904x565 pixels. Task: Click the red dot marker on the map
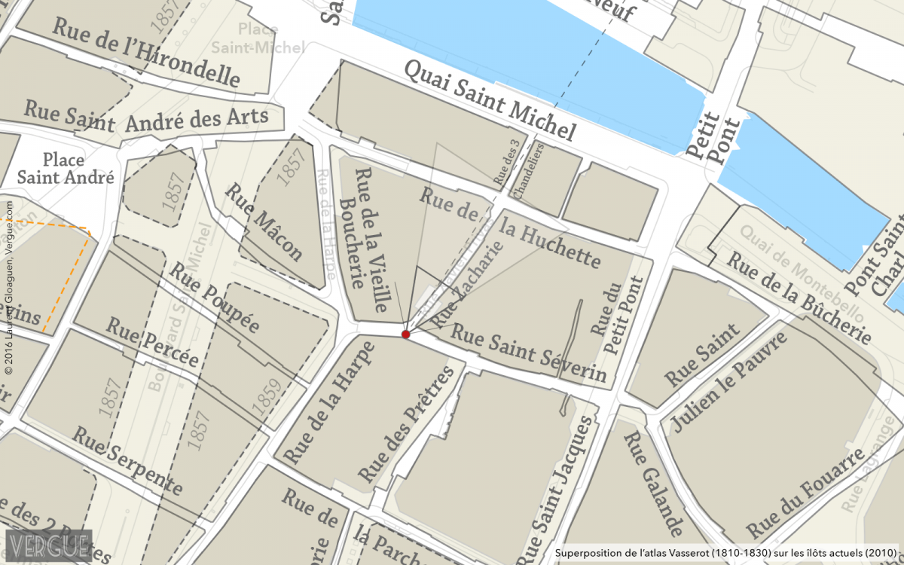coord(405,334)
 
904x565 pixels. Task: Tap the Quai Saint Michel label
coord(490,100)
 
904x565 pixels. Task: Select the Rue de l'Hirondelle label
coord(146,51)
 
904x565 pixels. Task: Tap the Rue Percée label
coord(152,343)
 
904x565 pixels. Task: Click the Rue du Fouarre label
coord(806,490)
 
